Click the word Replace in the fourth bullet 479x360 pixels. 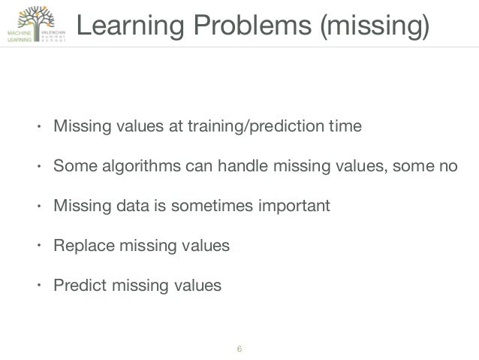coord(78,245)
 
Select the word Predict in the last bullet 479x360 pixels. coord(76,285)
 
